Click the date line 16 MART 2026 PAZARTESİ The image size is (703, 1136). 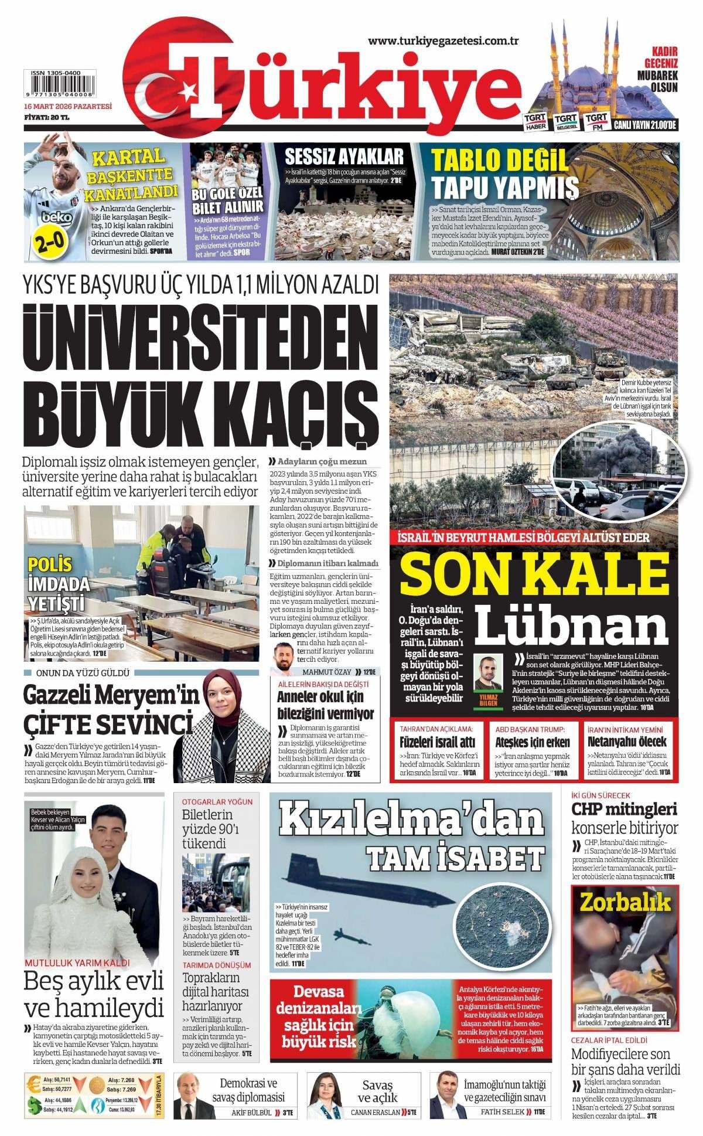click(x=67, y=107)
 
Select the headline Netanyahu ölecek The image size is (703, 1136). click(x=627, y=742)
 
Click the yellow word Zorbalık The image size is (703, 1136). click(x=624, y=902)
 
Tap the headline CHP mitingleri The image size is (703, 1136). click(x=624, y=810)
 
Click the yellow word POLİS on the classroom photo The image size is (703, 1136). click(x=50, y=564)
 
